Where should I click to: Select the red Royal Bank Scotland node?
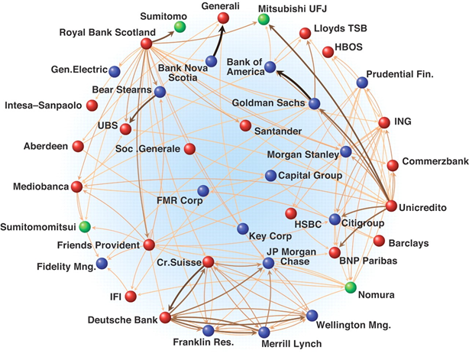click(x=146, y=44)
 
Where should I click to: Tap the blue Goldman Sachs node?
click(x=314, y=103)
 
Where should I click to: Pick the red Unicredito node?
click(x=391, y=206)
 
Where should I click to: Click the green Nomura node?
click(x=350, y=288)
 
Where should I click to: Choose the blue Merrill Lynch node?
click(x=264, y=332)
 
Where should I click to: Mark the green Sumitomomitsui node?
click(x=86, y=226)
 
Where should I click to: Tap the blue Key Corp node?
click(x=242, y=229)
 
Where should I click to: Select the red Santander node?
click(x=244, y=125)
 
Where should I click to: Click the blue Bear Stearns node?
click(x=160, y=92)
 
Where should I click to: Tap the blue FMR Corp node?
click(x=202, y=190)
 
